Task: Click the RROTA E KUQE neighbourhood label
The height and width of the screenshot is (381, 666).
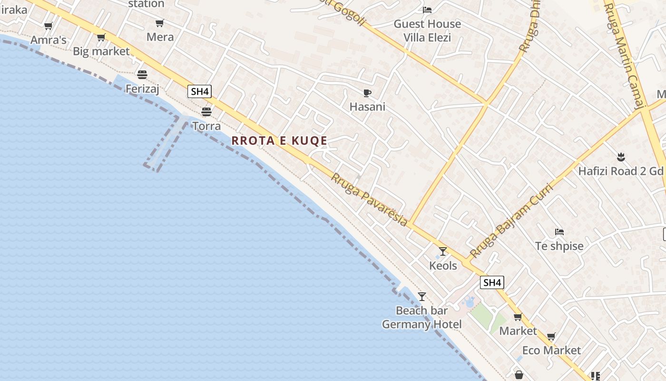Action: click(x=279, y=140)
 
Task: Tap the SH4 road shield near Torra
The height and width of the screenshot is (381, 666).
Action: click(x=199, y=91)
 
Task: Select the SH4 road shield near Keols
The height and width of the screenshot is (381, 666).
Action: click(x=492, y=282)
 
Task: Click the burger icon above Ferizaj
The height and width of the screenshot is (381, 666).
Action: click(x=142, y=74)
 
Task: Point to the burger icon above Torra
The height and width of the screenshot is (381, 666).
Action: click(x=206, y=112)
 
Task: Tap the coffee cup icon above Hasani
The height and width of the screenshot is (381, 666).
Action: click(x=367, y=93)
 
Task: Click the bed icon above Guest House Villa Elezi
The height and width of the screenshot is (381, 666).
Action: click(x=427, y=10)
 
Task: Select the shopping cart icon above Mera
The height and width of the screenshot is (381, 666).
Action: click(x=160, y=23)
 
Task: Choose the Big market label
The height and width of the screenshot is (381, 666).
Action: click(x=101, y=51)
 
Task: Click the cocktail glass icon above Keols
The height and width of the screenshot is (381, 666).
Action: click(x=443, y=251)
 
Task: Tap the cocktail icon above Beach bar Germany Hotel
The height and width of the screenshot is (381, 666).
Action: click(x=422, y=296)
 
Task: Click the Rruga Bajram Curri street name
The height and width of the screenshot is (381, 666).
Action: click(x=511, y=220)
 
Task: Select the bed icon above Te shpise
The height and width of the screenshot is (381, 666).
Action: click(x=559, y=232)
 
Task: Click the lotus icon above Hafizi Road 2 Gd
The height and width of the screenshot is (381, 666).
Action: click(x=620, y=156)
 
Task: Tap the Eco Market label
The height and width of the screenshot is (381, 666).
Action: click(x=551, y=351)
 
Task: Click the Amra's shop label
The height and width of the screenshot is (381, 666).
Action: click(x=48, y=40)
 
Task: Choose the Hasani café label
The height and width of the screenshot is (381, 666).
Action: click(x=367, y=107)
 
